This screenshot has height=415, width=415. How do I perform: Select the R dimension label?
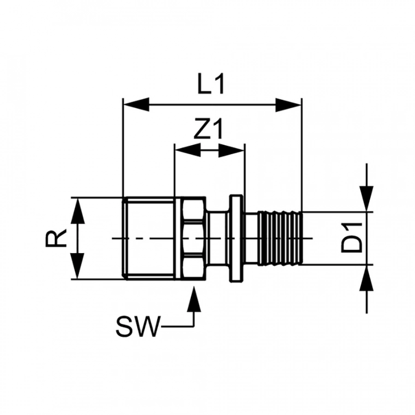pyautogui.click(x=56, y=238)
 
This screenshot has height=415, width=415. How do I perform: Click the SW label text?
pyautogui.click(x=138, y=326)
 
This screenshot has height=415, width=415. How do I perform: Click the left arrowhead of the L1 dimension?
pyautogui.click(x=136, y=105)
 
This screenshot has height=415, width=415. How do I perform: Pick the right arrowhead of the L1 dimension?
pyautogui.click(x=289, y=105)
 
